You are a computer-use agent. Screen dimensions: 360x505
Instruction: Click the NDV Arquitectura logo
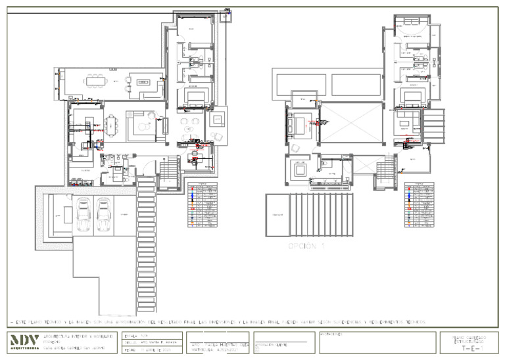click(24, 342)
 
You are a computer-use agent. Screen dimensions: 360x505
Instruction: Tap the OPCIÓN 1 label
click(306, 246)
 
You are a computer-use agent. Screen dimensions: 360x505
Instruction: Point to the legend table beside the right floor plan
click(419, 205)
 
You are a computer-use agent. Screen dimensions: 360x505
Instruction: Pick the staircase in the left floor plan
click(170, 172)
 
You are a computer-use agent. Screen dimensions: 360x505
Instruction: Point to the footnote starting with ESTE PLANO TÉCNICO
click(217, 323)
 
